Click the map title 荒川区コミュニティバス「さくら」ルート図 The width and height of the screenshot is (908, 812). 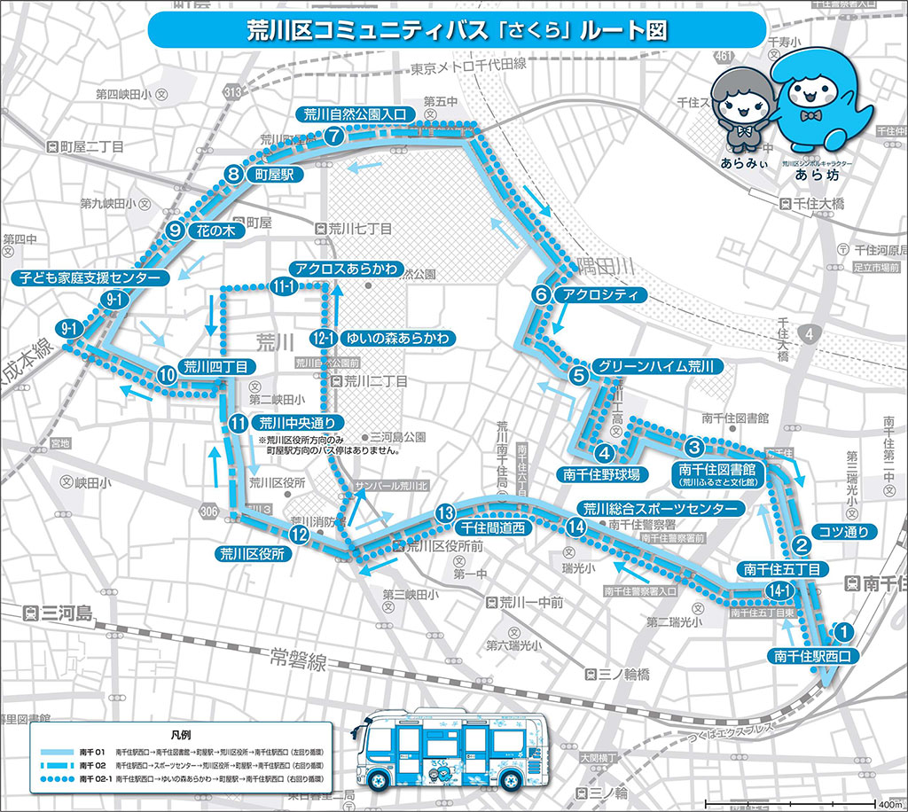[455, 30]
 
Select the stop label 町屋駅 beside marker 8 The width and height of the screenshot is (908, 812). [274, 176]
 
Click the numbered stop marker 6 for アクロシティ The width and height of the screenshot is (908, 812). [541, 294]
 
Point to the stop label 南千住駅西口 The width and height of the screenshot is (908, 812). [813, 657]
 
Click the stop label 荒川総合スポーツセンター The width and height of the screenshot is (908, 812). [660, 509]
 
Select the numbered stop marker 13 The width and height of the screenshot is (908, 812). [445, 512]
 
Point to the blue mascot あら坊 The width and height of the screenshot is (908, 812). [816, 102]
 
